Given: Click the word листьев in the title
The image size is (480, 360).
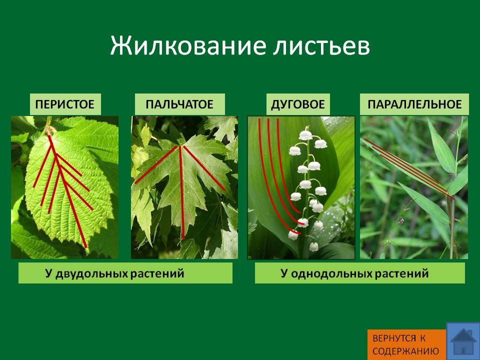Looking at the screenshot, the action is [321, 46].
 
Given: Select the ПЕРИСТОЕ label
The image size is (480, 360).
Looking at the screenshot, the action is [65, 104].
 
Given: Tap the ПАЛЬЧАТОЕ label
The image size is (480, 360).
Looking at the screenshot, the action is [179, 104].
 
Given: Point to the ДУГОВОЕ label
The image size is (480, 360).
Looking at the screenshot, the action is [298, 104].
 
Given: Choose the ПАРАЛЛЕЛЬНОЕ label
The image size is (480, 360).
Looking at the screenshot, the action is [414, 104].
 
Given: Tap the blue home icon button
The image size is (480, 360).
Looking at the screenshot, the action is [463, 341].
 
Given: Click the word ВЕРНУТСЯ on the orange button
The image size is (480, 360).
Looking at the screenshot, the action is [394, 338].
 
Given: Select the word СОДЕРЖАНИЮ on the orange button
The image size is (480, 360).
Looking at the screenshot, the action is [405, 351].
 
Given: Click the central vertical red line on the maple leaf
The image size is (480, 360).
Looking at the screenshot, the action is [182, 193].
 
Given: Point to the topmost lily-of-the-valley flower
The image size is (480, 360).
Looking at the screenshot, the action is [305, 135].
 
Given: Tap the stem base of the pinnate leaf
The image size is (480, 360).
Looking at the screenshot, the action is [48, 130].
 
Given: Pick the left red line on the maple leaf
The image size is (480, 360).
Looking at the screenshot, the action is [156, 164].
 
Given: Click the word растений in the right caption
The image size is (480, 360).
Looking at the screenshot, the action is [401, 273].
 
